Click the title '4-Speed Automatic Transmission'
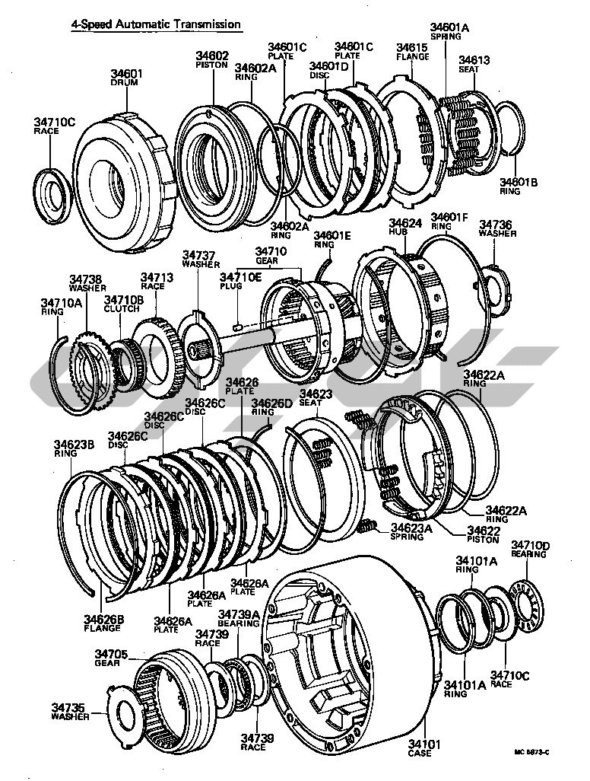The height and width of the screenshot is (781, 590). [x=156, y=25]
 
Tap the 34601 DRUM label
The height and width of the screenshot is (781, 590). [x=126, y=78]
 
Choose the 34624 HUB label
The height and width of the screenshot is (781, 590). [x=405, y=228]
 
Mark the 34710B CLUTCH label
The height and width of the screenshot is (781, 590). [x=123, y=304]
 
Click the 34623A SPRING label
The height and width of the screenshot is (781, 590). [x=411, y=531]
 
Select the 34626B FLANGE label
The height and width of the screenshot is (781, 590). [x=102, y=623]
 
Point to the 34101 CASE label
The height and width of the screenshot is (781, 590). [x=418, y=748]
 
